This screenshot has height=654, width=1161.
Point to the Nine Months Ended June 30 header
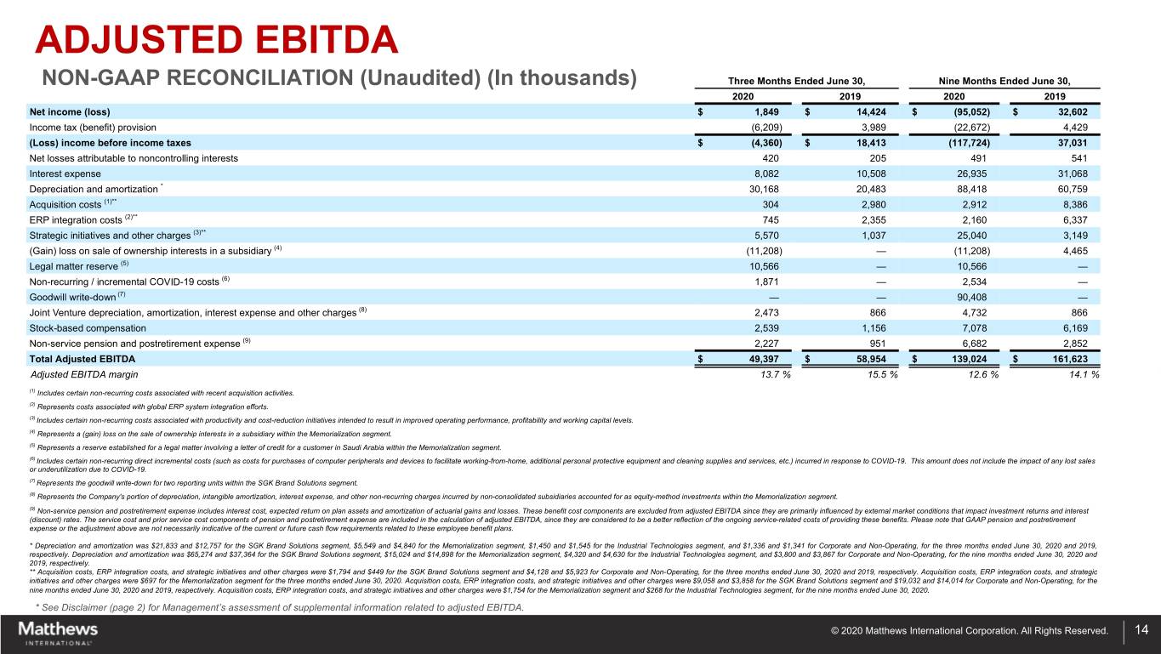(1004, 81)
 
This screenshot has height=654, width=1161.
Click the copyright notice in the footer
(970, 631)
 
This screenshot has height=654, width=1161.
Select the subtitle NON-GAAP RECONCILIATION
(340, 77)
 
